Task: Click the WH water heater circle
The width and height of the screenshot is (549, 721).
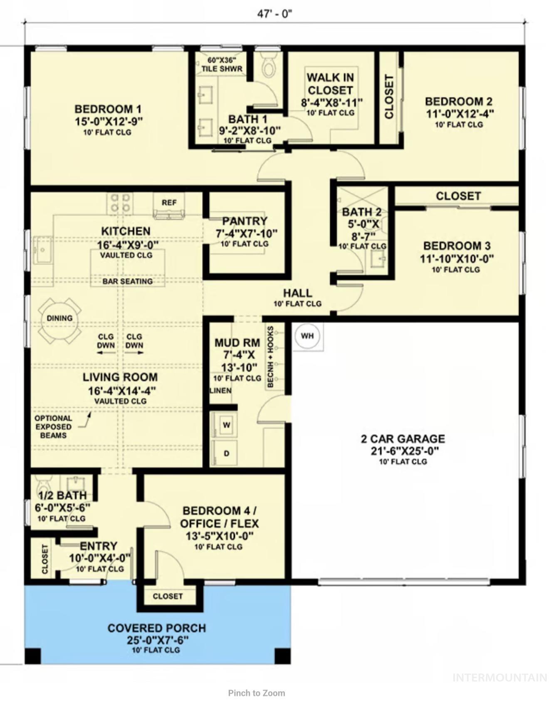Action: (307, 336)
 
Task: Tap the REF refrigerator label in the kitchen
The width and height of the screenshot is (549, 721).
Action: (169, 203)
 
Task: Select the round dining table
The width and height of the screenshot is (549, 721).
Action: (59, 318)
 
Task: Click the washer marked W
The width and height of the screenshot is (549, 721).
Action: (226, 425)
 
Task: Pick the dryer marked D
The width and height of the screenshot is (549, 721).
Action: (226, 453)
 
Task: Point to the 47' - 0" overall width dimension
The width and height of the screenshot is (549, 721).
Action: (274, 14)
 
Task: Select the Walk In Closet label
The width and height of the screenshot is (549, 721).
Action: (330, 84)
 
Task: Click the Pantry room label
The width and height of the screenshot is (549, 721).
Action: (245, 221)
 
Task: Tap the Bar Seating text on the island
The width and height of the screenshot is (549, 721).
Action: (128, 281)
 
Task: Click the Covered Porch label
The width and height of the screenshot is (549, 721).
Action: (156, 628)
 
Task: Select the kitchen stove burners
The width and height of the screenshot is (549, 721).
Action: (120, 203)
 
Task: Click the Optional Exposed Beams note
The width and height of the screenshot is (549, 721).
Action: (53, 427)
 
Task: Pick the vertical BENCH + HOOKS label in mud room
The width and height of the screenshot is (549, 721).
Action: (271, 357)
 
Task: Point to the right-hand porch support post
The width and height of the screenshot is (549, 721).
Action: (282, 656)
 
